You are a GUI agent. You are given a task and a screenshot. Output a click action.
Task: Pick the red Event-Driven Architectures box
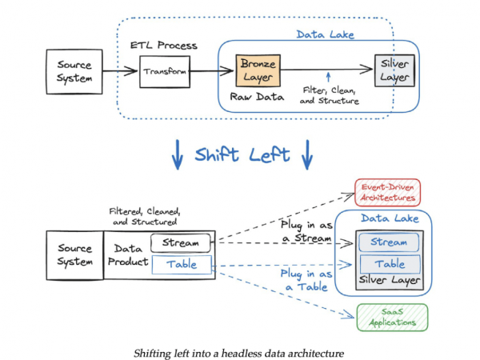pos(387,191)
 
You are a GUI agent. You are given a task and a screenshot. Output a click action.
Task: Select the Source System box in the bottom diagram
pos(74,255)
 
